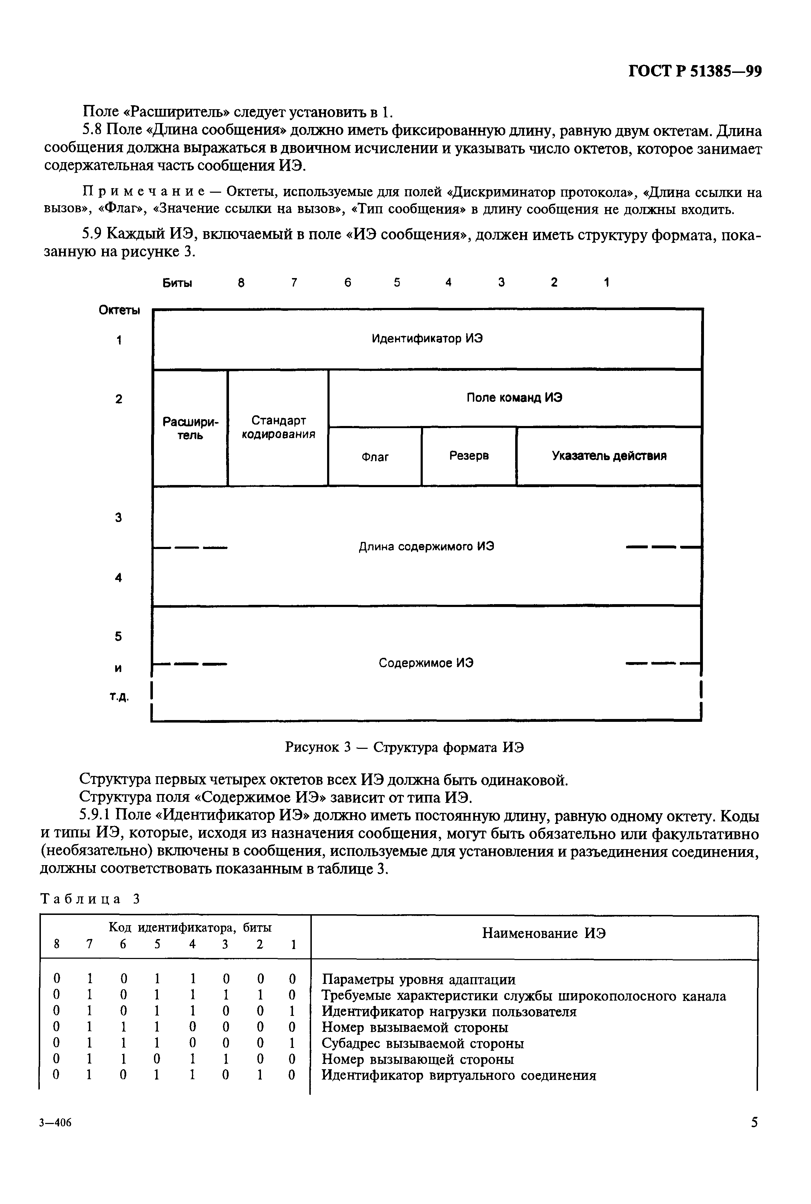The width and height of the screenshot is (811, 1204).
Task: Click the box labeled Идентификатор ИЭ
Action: pyautogui.click(x=427, y=339)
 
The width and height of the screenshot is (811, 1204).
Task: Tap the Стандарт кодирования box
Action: pyautogui.click(x=278, y=428)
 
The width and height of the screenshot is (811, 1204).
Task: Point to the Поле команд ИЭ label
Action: pyautogui.click(x=514, y=398)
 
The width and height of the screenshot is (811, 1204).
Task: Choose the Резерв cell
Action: pyautogui.click(x=469, y=456)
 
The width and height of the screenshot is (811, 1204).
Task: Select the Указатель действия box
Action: pyautogui.click(x=609, y=456)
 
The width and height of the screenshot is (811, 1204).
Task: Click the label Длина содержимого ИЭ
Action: pyautogui.click(x=426, y=547)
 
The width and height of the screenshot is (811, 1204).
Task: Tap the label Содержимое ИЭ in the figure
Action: pyautogui.click(x=426, y=663)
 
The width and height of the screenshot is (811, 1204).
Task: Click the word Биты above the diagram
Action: pyautogui.click(x=177, y=283)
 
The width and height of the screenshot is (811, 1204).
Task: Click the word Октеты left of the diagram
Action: pyautogui.click(x=119, y=310)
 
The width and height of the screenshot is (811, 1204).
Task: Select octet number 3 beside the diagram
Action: pyautogui.click(x=118, y=518)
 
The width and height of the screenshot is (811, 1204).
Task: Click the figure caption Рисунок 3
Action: pyautogui.click(x=405, y=747)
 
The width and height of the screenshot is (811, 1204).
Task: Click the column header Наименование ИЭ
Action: pyautogui.click(x=544, y=933)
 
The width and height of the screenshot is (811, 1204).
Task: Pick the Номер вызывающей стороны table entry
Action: pyautogui.click(x=417, y=1059)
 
